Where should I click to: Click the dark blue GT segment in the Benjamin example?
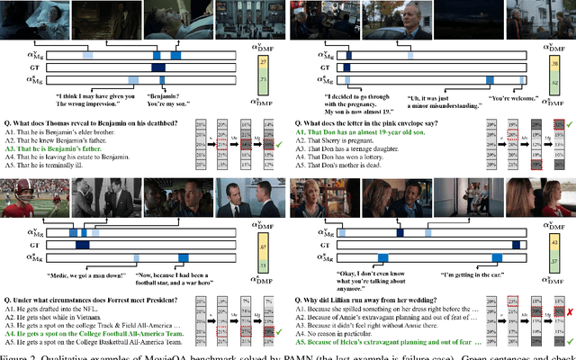[x=158, y=68]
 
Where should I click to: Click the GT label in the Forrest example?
[x=31, y=245]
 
